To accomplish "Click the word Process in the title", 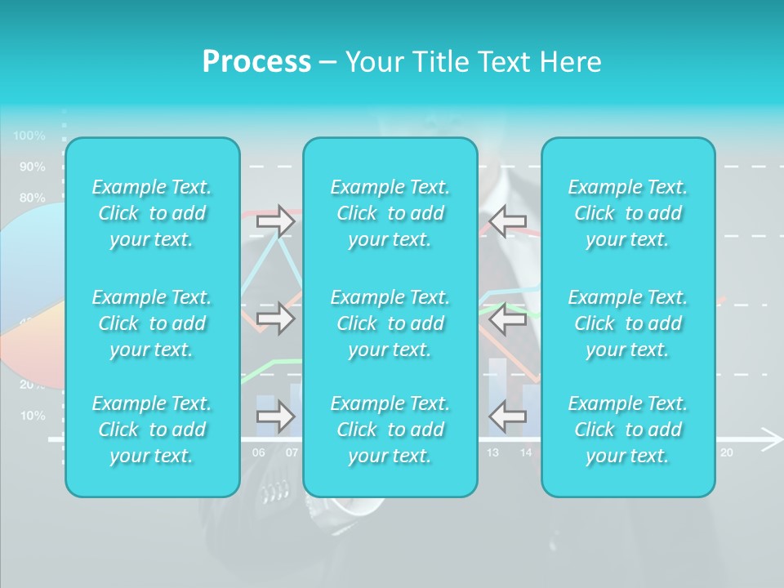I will [x=256, y=62].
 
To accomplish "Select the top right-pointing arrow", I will [x=275, y=220].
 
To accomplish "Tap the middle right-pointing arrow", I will [x=275, y=318].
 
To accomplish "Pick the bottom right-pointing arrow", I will [x=275, y=416].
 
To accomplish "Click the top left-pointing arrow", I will [x=507, y=220].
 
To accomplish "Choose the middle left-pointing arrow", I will [x=507, y=318].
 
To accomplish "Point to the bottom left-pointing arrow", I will [x=507, y=416].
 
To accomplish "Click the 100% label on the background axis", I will [x=29, y=136].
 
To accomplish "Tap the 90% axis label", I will [x=33, y=167].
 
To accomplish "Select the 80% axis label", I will [x=33, y=198].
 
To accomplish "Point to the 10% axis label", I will [x=33, y=416].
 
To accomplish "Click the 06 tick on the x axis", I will [x=258, y=452].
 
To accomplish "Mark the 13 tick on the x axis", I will [x=492, y=452].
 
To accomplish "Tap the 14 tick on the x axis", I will [x=526, y=452].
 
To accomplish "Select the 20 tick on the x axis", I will [x=726, y=452].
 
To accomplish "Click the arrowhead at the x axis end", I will [x=771, y=439].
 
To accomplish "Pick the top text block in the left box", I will [x=152, y=213].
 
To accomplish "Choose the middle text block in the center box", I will [x=390, y=323].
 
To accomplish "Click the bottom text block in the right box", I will [x=628, y=430].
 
